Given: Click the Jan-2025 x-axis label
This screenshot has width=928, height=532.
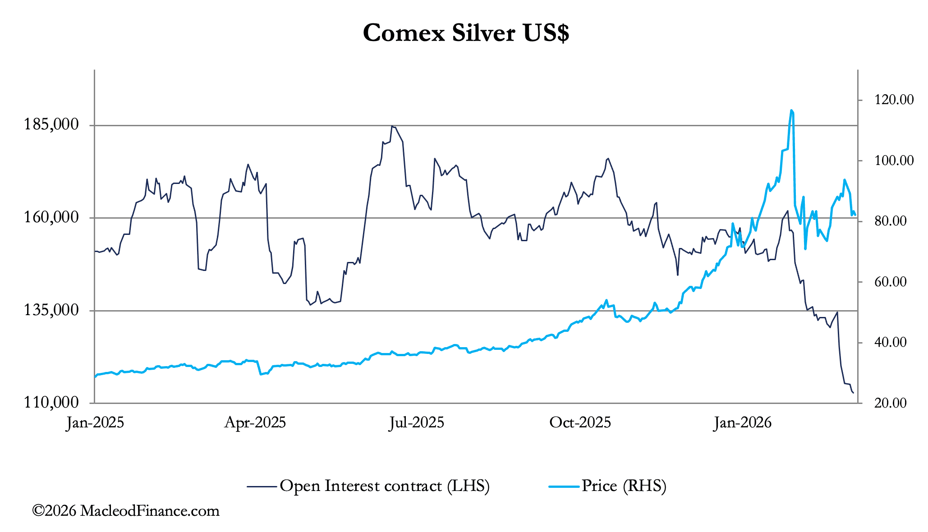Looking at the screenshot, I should [x=95, y=423].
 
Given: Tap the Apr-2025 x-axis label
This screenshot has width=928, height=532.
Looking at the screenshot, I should [x=255, y=423].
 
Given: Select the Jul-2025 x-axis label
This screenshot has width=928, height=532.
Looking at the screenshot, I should [x=417, y=423].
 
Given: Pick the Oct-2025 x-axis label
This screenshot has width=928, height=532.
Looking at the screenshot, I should [x=580, y=423].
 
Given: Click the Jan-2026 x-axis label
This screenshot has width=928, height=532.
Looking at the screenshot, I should [x=742, y=423].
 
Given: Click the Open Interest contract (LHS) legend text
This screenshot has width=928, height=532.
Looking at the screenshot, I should [x=384, y=486].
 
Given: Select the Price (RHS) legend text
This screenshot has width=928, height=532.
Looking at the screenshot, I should [x=624, y=486].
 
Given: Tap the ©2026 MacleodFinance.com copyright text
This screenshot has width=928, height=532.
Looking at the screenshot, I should [x=126, y=511].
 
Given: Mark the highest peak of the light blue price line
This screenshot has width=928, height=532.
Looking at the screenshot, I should [x=791, y=110].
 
